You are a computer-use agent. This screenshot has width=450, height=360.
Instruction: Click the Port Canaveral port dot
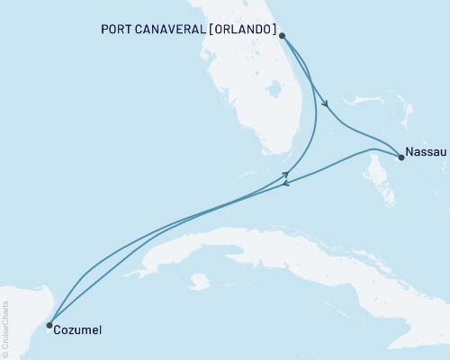click(283, 36)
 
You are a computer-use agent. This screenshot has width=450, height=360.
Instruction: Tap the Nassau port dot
click(400, 157)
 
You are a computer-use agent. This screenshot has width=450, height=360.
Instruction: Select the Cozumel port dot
click(49, 326)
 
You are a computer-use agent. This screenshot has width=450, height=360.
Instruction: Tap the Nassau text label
click(426, 152)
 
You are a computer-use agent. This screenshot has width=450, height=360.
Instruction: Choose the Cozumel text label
click(77, 330)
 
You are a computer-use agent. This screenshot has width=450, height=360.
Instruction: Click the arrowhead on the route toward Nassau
click(325, 103)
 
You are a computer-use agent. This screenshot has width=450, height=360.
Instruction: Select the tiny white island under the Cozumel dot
click(48, 332)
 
